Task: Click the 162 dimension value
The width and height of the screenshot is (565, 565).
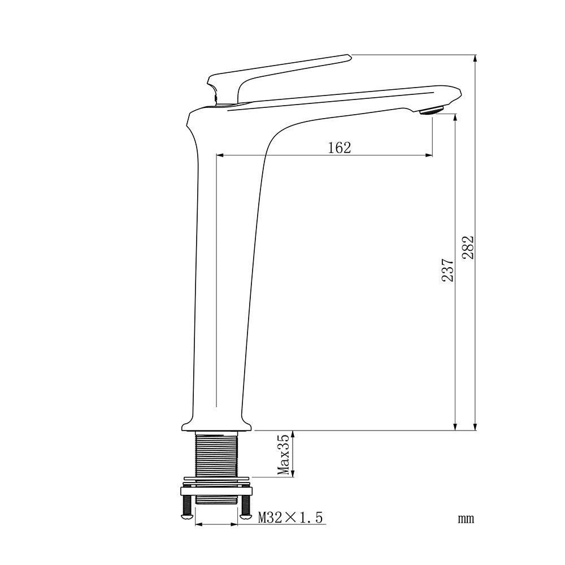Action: tap(339, 147)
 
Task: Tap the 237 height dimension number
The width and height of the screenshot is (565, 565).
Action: tap(447, 270)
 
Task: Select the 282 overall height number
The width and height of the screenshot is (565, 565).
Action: tap(468, 247)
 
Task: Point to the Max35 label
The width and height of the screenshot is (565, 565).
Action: tap(283, 455)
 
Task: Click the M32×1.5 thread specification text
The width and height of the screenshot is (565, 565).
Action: tap(290, 518)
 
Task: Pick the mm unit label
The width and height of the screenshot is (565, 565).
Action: tap(466, 519)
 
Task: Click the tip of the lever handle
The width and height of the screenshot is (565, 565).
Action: tap(350, 55)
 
